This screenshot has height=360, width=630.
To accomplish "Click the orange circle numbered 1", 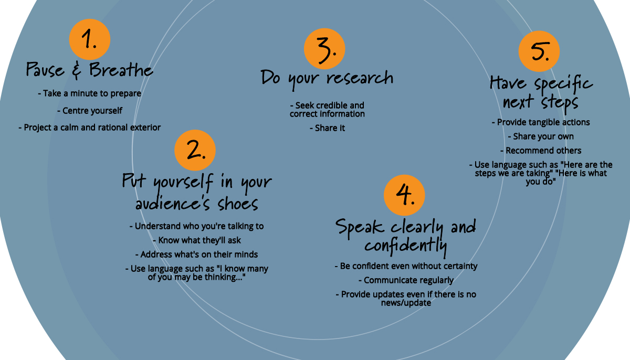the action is [x=89, y=39].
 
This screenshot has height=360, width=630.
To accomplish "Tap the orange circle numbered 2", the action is [x=195, y=150].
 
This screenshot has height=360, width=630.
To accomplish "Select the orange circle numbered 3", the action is [x=324, y=49].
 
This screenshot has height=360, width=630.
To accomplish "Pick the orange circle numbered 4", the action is [x=404, y=195].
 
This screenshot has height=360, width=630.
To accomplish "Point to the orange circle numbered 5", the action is [x=539, y=51].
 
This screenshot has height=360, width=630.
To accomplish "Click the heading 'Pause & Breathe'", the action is [x=89, y=69].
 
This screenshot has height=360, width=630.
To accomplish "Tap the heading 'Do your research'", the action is [x=327, y=79].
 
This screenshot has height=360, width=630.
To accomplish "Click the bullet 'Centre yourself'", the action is [x=90, y=111].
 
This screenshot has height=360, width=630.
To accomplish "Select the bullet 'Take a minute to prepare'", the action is [x=90, y=93].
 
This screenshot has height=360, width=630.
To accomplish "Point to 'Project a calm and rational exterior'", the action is [x=90, y=128].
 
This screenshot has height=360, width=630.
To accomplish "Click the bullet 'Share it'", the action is [x=328, y=128].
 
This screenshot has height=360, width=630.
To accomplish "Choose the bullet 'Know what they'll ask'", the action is [x=197, y=240].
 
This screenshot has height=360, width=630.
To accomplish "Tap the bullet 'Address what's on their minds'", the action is [x=196, y=255].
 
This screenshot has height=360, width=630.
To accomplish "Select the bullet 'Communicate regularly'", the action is [x=406, y=280].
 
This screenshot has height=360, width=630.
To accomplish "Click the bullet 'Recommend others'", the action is [x=541, y=151].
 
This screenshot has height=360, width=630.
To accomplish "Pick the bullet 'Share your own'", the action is [x=541, y=136].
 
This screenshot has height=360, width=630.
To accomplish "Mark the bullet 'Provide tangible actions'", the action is [x=541, y=122].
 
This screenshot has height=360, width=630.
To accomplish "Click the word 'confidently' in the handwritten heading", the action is [x=405, y=246].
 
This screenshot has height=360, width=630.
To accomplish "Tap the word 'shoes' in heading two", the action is [x=238, y=203].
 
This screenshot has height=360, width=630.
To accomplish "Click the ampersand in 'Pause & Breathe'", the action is [x=77, y=70].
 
